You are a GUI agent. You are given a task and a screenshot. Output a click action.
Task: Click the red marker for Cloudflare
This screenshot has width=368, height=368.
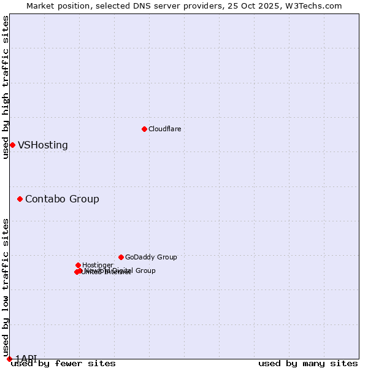point(144,129)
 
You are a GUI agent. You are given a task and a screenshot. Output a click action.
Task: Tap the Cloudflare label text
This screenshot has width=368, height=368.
point(164,129)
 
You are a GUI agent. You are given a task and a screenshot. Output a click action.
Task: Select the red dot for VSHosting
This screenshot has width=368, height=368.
point(12,145)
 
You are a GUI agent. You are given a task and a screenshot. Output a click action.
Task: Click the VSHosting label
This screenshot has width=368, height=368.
point(43,145)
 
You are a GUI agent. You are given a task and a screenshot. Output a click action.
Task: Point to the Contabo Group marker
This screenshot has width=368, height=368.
point(20,199)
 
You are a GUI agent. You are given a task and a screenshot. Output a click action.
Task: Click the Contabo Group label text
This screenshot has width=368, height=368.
point(62,199)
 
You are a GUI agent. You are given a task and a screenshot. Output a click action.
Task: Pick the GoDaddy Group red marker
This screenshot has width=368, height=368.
point(121,257)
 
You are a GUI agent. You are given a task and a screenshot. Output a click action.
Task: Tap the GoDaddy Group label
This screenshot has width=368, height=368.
point(151,257)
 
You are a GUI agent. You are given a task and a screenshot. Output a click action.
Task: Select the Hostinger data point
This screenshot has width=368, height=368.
point(78,265)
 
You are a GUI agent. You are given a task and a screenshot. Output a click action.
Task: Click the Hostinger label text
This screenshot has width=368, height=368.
point(98,265)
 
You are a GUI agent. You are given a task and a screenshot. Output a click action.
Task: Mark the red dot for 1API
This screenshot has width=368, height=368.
point(9,359)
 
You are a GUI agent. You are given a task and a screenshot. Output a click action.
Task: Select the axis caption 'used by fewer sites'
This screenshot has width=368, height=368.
point(63,363)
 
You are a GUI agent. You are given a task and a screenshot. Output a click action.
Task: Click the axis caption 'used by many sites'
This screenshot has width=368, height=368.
point(308,363)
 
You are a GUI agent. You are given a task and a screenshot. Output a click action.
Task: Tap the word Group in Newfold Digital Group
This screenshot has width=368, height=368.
point(145,270)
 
